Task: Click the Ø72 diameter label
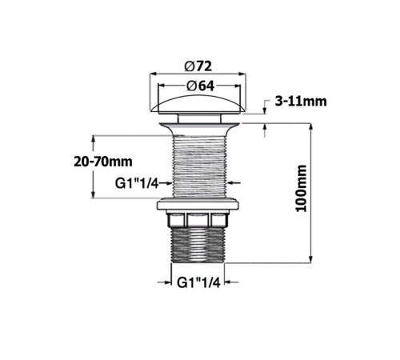point(198,66)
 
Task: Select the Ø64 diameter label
point(201,86)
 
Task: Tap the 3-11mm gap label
point(301,102)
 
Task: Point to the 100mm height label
point(302,189)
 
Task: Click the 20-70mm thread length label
point(103,162)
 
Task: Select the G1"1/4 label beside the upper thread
point(137,183)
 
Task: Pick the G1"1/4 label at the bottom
point(198,282)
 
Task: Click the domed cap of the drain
point(198,105)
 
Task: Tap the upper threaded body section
point(199,166)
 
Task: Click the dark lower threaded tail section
point(198,245)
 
